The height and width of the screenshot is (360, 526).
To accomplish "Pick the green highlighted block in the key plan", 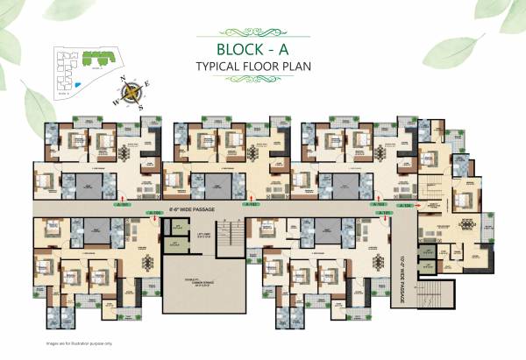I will coord(92,56).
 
